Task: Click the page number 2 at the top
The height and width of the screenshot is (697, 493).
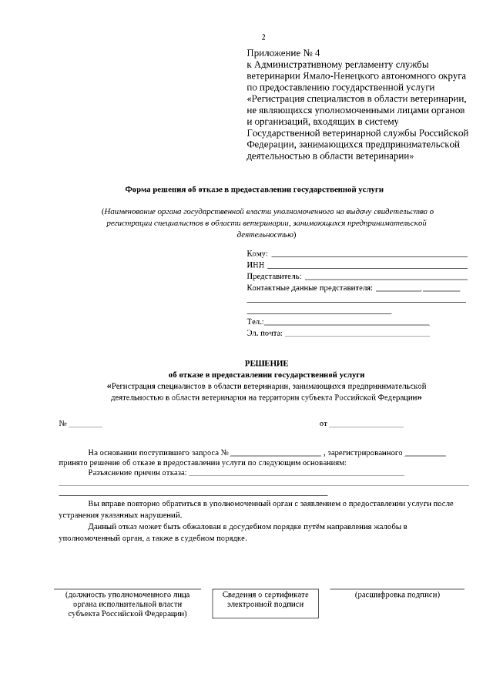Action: pos(263,37)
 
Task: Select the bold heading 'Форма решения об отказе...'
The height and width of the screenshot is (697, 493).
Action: pos(254,189)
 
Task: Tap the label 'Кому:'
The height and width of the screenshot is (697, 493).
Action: pos(257,253)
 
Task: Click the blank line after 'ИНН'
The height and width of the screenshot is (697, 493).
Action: pos(367,265)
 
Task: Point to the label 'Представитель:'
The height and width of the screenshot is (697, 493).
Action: pos(274,276)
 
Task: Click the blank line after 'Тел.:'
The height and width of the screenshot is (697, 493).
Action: pos(347,322)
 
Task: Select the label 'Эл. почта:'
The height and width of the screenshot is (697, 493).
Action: pos(265,333)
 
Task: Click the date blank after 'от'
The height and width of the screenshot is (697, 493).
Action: pos(367,424)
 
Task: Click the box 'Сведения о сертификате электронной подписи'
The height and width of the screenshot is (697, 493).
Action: pos(265,599)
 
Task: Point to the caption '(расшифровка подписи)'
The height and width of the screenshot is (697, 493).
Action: pos(397,595)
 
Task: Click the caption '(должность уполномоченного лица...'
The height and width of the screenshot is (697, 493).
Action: pos(127,604)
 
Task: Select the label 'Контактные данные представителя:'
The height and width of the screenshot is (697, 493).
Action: pos(309,287)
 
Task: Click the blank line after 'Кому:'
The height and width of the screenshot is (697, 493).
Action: pos(370,254)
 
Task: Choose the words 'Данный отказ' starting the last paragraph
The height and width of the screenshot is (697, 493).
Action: pos(110,526)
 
